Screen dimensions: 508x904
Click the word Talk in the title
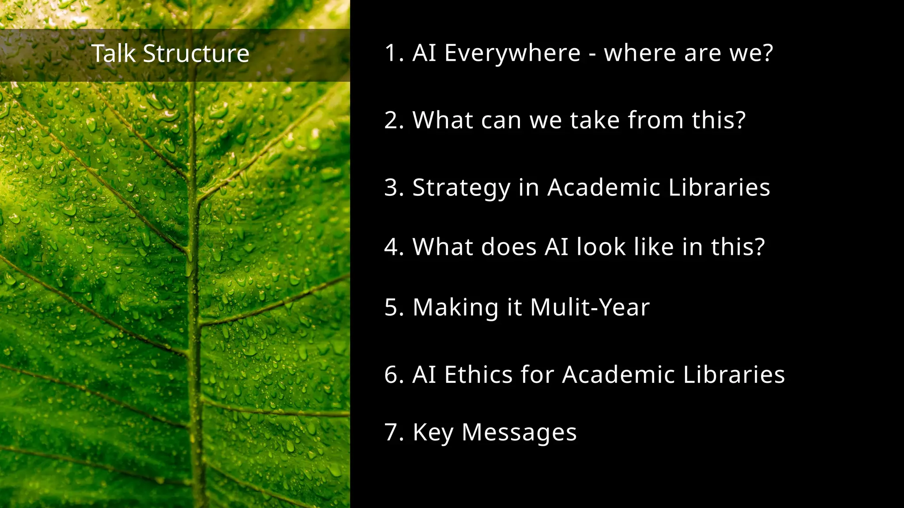pyautogui.click(x=113, y=54)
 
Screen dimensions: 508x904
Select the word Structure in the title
pyautogui.click(x=196, y=54)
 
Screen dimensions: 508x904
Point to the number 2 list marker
pyautogui.click(x=392, y=120)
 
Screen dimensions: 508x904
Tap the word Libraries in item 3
pyautogui.click(x=719, y=187)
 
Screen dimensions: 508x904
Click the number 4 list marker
pyautogui.click(x=392, y=247)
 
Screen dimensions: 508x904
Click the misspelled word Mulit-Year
pyautogui.click(x=590, y=307)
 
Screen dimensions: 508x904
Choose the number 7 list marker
pyautogui.click(x=392, y=432)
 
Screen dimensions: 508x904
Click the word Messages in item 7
pyautogui.click(x=519, y=432)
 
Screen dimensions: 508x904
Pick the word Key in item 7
pyautogui.click(x=433, y=432)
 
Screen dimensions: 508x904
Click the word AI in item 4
pyautogui.click(x=556, y=247)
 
